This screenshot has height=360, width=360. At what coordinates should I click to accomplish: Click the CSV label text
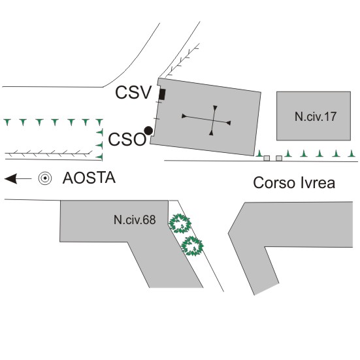point(133,92)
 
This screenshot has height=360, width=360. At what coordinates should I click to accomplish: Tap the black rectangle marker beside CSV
point(162,94)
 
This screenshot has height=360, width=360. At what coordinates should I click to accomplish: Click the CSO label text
point(127,140)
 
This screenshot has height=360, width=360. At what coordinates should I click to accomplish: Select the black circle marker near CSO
point(148,131)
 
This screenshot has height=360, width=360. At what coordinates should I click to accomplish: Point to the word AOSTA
point(89,178)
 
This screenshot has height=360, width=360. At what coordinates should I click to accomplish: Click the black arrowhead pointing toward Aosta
point(10,178)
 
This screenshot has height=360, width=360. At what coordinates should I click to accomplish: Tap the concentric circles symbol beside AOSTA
point(45,178)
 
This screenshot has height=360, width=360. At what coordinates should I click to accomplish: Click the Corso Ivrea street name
point(294,183)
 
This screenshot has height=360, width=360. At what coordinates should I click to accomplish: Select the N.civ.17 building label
point(316,116)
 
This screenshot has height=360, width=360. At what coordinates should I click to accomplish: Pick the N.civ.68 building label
point(135,220)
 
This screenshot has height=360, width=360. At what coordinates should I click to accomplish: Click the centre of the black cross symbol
point(214,120)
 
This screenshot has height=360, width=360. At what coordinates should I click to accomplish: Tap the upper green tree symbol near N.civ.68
point(180,223)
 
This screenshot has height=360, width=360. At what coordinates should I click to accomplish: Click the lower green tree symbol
point(192,246)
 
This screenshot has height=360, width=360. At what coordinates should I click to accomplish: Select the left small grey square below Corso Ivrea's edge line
point(267,158)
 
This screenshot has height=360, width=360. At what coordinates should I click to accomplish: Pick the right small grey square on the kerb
point(279,158)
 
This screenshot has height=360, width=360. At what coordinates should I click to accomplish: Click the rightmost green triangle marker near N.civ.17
point(352,153)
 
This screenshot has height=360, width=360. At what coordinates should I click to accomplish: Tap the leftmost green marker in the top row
point(7,122)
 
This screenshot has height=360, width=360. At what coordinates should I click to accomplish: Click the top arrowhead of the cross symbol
point(215,108)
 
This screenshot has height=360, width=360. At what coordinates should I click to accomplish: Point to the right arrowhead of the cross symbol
point(228,123)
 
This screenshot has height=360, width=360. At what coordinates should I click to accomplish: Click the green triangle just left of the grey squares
point(259,153)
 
